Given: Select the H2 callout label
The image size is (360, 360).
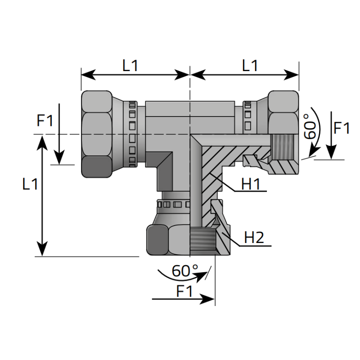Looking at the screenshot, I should [253, 238].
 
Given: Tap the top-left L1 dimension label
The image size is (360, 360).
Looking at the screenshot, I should [130, 66].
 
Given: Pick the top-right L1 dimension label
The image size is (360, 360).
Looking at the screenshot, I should [250, 66].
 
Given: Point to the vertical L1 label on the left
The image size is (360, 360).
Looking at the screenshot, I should [30, 184].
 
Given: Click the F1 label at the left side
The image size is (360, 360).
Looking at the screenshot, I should [45, 121].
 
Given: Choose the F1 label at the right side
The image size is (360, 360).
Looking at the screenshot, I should [342, 128].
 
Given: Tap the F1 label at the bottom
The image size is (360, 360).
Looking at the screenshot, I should [184, 292].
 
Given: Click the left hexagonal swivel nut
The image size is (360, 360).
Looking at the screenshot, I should [97, 134].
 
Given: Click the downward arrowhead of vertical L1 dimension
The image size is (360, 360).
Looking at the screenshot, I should [42, 250].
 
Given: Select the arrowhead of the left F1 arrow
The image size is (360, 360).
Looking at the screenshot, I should [59, 158].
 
